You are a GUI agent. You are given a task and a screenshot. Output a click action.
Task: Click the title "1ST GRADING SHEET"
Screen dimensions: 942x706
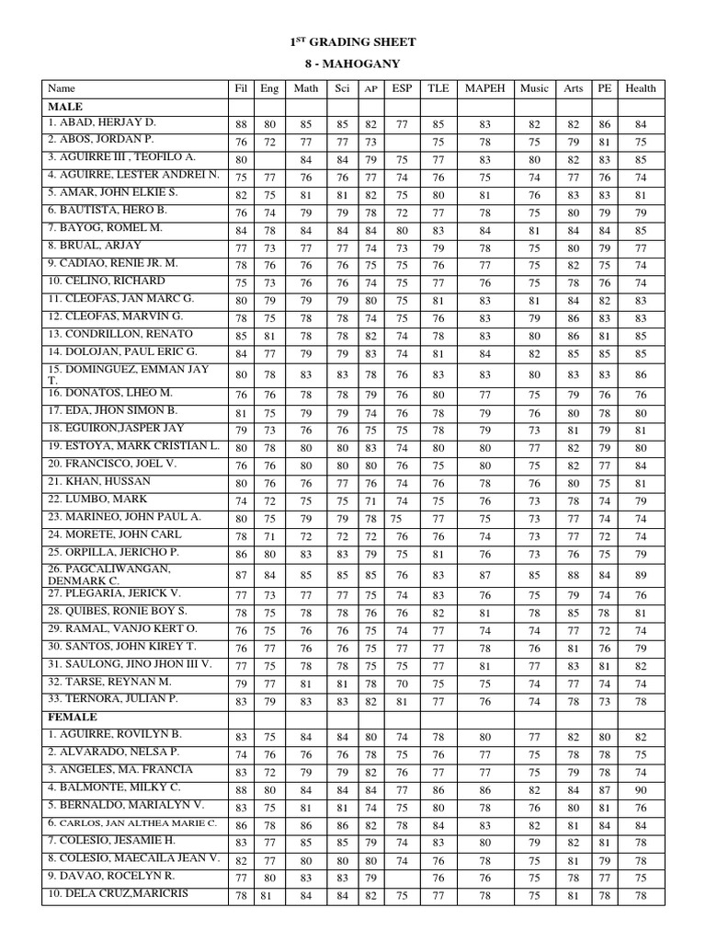click(353, 42)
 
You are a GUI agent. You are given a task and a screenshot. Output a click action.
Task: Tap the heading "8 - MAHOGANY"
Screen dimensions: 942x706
click(353, 63)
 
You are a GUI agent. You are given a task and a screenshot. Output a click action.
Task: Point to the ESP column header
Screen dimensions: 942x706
click(402, 88)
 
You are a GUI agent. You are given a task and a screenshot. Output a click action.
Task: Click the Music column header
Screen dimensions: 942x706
click(534, 88)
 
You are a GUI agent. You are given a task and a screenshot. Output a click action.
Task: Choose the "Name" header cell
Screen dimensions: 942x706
click(62, 88)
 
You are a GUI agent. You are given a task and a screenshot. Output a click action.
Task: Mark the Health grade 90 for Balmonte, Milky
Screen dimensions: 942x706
click(640, 789)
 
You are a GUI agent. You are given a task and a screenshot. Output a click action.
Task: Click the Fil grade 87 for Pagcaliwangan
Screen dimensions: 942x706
click(241, 575)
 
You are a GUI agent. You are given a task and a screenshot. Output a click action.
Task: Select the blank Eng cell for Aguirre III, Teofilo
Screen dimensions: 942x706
click(270, 158)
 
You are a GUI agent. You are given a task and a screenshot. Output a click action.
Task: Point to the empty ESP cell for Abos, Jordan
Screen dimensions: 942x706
click(402, 141)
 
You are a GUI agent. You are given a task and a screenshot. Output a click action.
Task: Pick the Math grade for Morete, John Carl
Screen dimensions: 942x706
click(305, 536)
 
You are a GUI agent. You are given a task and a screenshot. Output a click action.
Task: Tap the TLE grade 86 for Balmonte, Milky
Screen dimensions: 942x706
click(438, 789)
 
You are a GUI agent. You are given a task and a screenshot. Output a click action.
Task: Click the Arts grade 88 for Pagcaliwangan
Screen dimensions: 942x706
click(573, 575)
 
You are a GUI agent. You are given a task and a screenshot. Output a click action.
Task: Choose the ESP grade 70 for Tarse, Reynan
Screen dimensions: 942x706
click(402, 684)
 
